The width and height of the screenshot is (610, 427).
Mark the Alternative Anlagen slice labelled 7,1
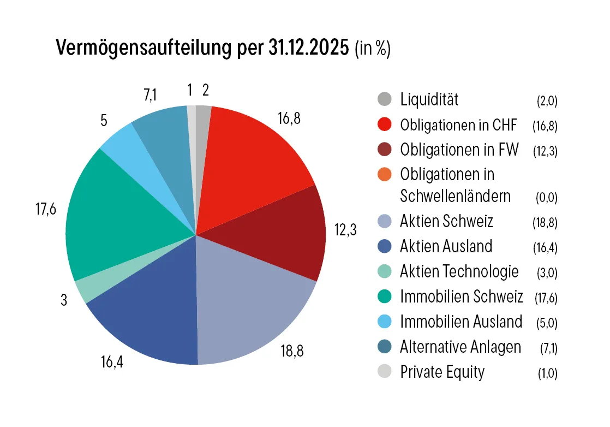161,131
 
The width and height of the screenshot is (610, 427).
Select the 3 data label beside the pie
64,300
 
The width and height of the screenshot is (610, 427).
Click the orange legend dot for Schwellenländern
385,175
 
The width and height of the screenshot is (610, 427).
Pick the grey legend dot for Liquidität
385,99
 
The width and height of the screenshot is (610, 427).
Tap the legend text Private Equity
442,372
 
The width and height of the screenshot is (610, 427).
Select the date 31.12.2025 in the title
308,49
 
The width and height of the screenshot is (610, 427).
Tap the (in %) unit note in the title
372,49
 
